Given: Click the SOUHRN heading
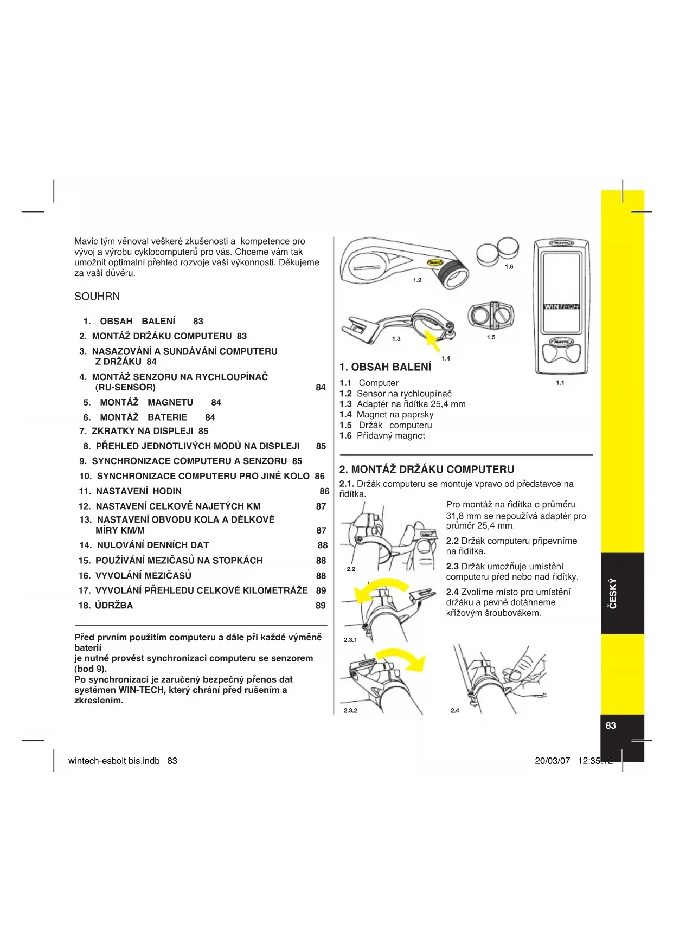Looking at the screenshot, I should tap(97, 297).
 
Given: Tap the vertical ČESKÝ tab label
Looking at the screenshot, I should tap(612, 593).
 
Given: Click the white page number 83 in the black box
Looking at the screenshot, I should tap(611, 725).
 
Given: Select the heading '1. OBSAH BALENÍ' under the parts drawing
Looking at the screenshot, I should tap(385, 367).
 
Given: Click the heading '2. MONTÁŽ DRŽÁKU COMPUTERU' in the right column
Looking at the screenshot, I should tap(426, 469).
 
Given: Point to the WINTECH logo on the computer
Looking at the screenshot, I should tap(561, 306).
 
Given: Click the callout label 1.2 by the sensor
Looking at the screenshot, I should tap(417, 280).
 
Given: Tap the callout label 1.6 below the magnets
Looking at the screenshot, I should tap(509, 267).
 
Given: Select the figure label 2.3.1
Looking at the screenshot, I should tap(350, 640).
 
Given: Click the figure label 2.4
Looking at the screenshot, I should tap(454, 710).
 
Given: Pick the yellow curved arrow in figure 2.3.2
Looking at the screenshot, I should tap(404, 659).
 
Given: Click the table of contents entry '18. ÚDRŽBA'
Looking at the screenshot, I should tap(106, 606).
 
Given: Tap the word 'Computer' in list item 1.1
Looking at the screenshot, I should tap(379, 383).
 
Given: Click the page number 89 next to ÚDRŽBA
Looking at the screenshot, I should tap(321, 606).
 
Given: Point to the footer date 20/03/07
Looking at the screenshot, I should tap(552, 761).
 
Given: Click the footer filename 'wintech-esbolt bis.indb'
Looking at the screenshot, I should tap(114, 761).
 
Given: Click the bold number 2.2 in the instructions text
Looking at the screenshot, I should tap(452, 541).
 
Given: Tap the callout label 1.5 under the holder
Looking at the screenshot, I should tap(491, 337).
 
